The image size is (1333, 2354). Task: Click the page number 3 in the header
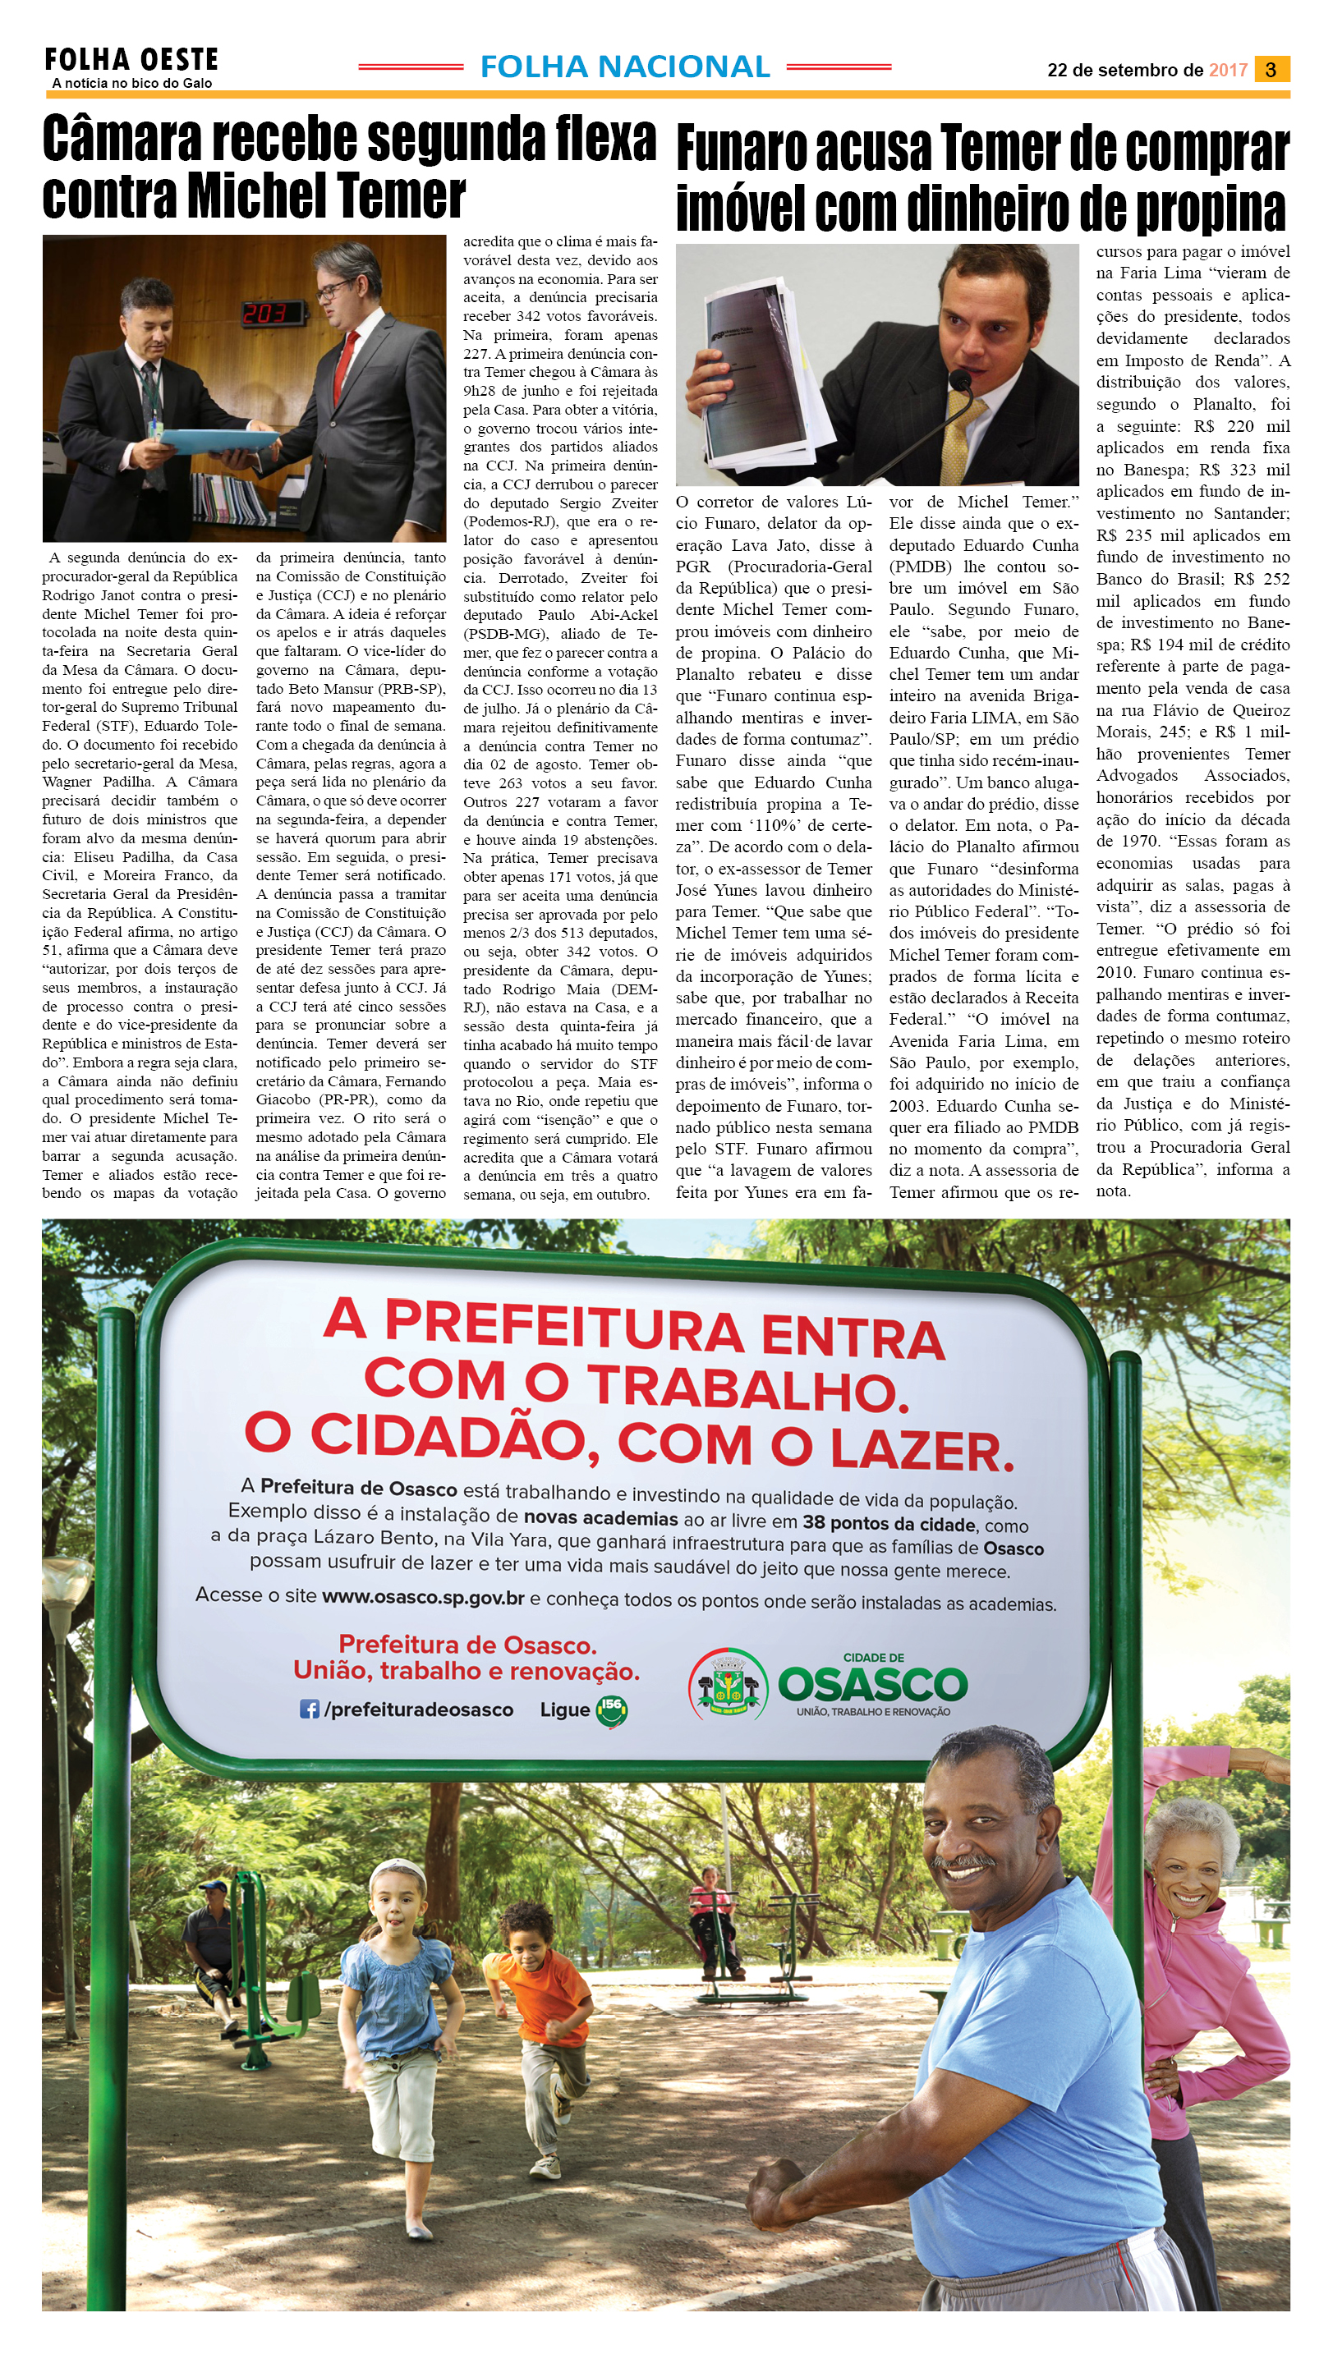(1271, 70)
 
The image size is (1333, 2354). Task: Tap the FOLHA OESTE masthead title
(131, 61)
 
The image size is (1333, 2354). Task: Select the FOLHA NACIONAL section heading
(624, 67)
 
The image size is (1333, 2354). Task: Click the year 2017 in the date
(1228, 71)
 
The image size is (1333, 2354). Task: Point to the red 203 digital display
(264, 314)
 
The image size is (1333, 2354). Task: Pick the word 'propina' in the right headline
(1211, 209)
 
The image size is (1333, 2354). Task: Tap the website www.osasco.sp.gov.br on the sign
(423, 1597)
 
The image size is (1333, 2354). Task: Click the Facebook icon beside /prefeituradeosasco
(310, 1709)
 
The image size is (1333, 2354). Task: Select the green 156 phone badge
(612, 1709)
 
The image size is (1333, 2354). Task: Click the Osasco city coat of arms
(728, 1683)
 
